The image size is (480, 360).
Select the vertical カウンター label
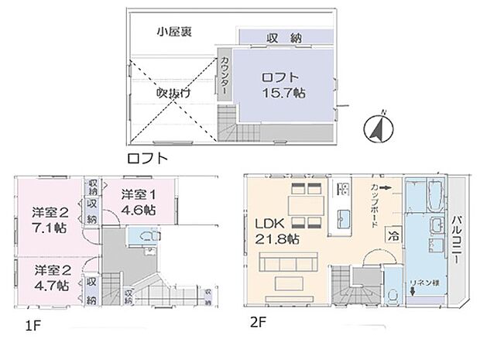coord(225,76)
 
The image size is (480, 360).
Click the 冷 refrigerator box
coord(394,235)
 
